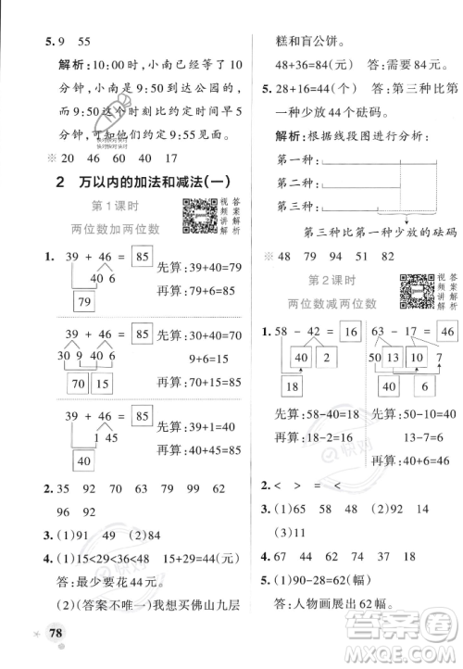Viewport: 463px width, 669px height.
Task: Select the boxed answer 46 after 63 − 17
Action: pyautogui.click(x=447, y=331)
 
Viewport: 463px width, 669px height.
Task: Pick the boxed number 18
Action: pyautogui.click(x=294, y=387)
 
